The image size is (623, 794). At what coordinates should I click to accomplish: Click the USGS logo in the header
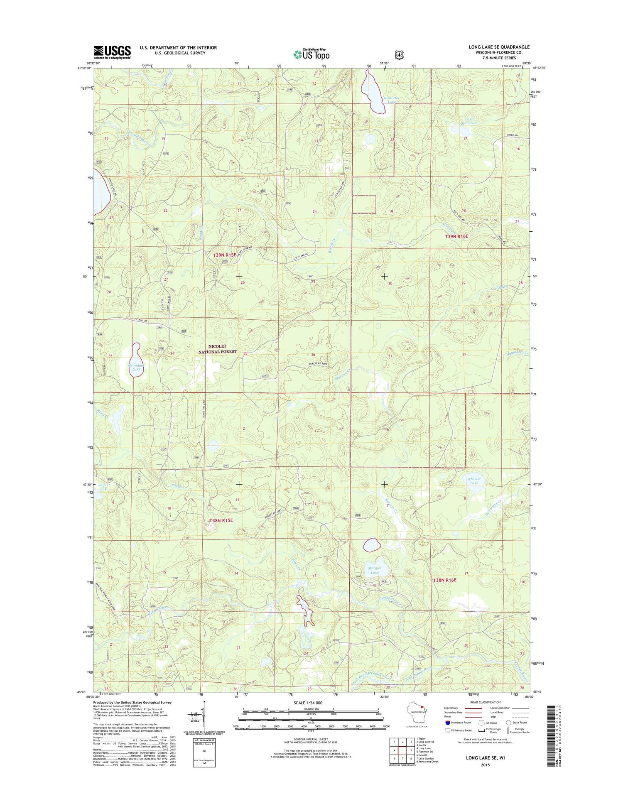[112, 52]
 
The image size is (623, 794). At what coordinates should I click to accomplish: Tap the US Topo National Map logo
[311, 54]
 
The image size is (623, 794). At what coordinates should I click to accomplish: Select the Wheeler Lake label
[474, 481]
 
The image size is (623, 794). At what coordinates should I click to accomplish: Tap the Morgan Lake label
[374, 570]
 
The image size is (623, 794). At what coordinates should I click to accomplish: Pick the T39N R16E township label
[456, 236]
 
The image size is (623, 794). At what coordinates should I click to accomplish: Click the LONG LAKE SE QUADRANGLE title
[499, 47]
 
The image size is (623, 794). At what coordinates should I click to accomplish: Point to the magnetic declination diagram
[203, 716]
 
